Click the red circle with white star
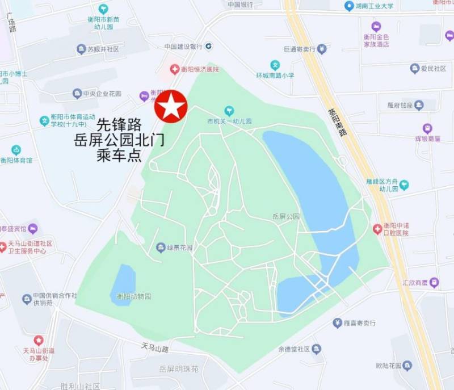171,106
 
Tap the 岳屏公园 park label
285,216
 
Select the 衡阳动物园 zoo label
134,296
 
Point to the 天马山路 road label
155,347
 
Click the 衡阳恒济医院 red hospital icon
175,69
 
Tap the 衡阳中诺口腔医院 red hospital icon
377,229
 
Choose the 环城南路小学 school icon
275,65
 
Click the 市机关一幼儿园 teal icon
229,110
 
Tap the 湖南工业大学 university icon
349,6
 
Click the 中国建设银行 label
183,47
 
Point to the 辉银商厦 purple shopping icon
427,128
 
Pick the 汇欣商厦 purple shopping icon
434,282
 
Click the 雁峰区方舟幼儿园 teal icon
403,184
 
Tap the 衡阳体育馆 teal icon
16,150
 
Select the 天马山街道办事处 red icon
38,340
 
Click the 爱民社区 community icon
415,69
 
